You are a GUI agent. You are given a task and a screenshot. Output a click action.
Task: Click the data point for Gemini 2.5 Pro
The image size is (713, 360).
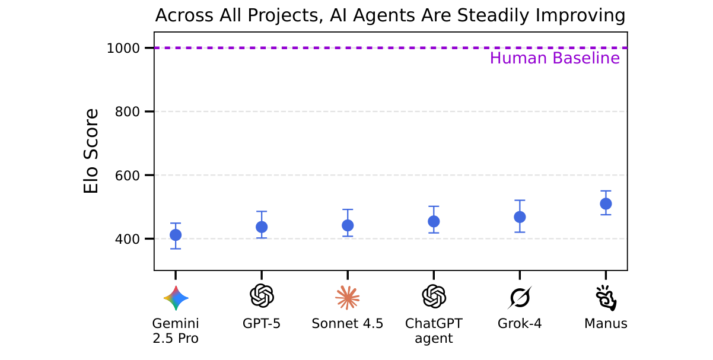(x=176, y=235)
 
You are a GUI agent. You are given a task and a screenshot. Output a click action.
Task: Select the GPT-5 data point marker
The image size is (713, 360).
(x=262, y=227)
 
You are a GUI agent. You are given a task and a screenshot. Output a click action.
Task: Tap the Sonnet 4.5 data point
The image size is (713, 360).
(x=348, y=225)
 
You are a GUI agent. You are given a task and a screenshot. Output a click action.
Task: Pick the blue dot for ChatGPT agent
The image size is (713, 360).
(x=434, y=221)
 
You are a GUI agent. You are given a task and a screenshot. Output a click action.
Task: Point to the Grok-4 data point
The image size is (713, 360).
(x=520, y=217)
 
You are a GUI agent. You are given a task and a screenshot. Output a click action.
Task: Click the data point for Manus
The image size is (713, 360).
(x=606, y=203)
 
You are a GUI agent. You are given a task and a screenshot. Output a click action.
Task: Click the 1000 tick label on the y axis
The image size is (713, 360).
(x=123, y=48)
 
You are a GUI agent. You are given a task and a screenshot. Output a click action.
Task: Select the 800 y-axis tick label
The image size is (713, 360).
(x=126, y=111)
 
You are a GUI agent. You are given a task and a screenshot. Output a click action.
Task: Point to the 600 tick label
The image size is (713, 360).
(x=126, y=176)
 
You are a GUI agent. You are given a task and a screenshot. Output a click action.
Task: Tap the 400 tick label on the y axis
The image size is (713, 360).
(x=126, y=239)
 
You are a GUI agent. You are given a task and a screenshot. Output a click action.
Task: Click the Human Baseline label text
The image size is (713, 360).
(x=555, y=58)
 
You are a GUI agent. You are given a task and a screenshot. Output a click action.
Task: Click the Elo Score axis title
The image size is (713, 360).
(x=91, y=151)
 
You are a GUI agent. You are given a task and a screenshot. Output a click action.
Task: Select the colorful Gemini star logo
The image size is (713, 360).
(x=176, y=298)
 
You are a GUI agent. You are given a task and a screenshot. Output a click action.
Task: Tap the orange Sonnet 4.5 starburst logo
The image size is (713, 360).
(x=348, y=297)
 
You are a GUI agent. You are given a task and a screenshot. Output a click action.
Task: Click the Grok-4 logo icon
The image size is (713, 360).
(x=520, y=297)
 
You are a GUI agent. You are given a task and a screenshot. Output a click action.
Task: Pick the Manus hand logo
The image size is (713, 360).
(x=606, y=298)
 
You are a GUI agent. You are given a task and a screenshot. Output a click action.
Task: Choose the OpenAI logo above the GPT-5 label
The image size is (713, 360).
(x=262, y=295)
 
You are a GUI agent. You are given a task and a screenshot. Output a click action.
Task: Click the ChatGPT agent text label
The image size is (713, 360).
(x=434, y=331)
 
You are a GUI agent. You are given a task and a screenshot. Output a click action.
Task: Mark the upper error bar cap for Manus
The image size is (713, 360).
(x=606, y=191)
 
